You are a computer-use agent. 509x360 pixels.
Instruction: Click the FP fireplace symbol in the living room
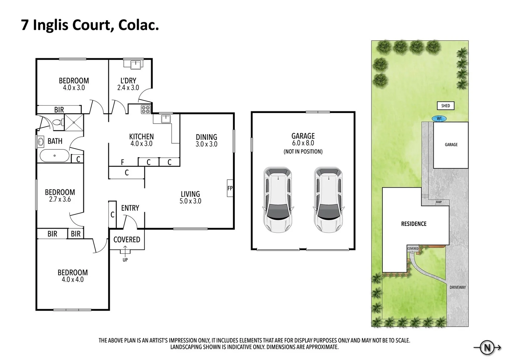(x=230, y=188)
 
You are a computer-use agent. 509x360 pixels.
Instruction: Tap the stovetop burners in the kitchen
(x=146, y=109)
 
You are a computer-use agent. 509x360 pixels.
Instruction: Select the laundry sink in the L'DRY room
(x=135, y=64)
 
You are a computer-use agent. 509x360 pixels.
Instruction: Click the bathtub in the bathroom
(x=54, y=156)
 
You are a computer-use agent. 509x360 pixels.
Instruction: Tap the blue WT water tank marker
(x=439, y=119)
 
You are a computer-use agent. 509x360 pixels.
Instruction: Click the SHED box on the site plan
(x=445, y=106)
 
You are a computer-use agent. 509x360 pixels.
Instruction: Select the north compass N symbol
(x=487, y=348)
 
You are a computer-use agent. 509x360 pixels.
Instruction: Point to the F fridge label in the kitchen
(x=123, y=162)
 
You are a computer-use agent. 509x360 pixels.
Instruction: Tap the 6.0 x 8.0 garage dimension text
(x=303, y=143)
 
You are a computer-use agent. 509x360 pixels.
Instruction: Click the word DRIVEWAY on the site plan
(x=457, y=287)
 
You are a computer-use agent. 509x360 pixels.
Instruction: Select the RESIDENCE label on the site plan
(x=413, y=224)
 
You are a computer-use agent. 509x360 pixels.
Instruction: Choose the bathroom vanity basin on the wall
(x=41, y=142)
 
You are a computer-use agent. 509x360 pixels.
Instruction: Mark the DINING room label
(x=206, y=137)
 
